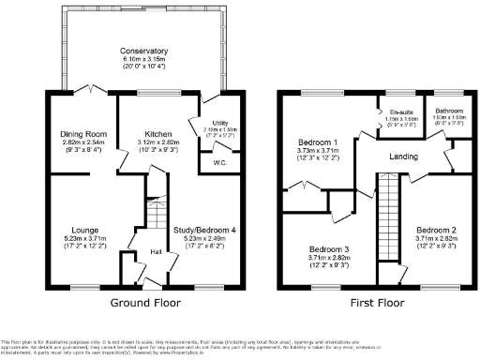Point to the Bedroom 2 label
[436, 230]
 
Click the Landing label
[404, 157]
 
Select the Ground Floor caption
[144, 302]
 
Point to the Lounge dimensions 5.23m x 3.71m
[82, 239]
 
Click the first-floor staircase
[386, 225]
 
